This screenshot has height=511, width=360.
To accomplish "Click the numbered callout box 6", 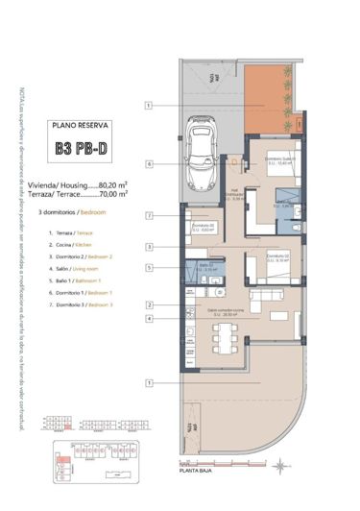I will pos(150,163).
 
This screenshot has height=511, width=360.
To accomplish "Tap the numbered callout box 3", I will pos(150,247).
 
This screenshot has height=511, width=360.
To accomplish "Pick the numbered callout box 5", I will pos(150,268).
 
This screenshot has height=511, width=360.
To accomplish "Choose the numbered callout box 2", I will pos(150,304).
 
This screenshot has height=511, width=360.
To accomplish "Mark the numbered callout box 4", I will pos(150,318).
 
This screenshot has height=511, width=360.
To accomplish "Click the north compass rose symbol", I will pos(279,463).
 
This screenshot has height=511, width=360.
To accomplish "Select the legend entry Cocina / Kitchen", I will pos(73,246).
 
